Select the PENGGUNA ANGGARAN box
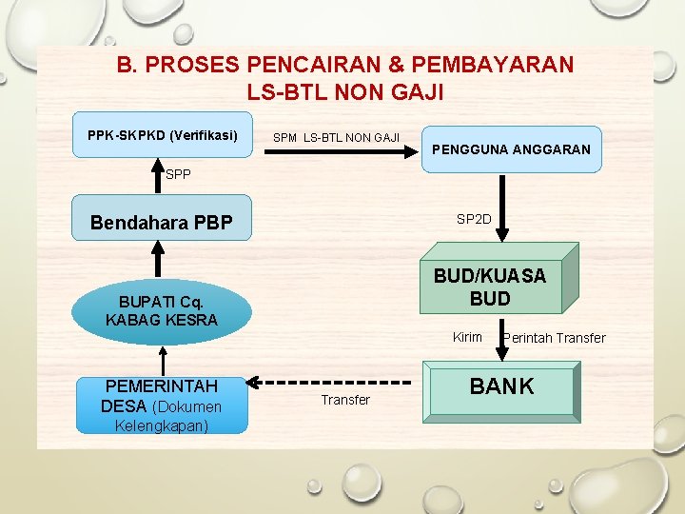tap(511, 149)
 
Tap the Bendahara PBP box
tap(162, 223)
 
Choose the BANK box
tap(502, 387)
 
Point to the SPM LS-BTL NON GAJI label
tap(336, 138)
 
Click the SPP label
tap(178, 174)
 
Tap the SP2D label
tap(474, 219)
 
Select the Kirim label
tap(467, 337)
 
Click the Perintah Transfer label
tap(554, 338)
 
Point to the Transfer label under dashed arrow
tap(345, 400)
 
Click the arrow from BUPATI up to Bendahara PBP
tap(160, 260)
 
